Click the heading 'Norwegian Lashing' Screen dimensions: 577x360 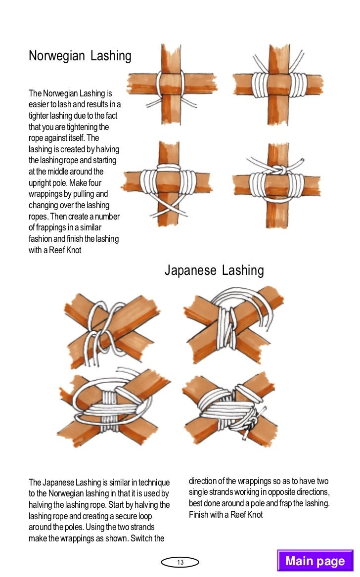80,56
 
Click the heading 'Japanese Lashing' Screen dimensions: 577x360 214,270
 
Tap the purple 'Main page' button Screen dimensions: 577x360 315,561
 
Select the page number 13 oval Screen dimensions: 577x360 180,562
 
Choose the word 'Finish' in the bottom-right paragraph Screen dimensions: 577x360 199,515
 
